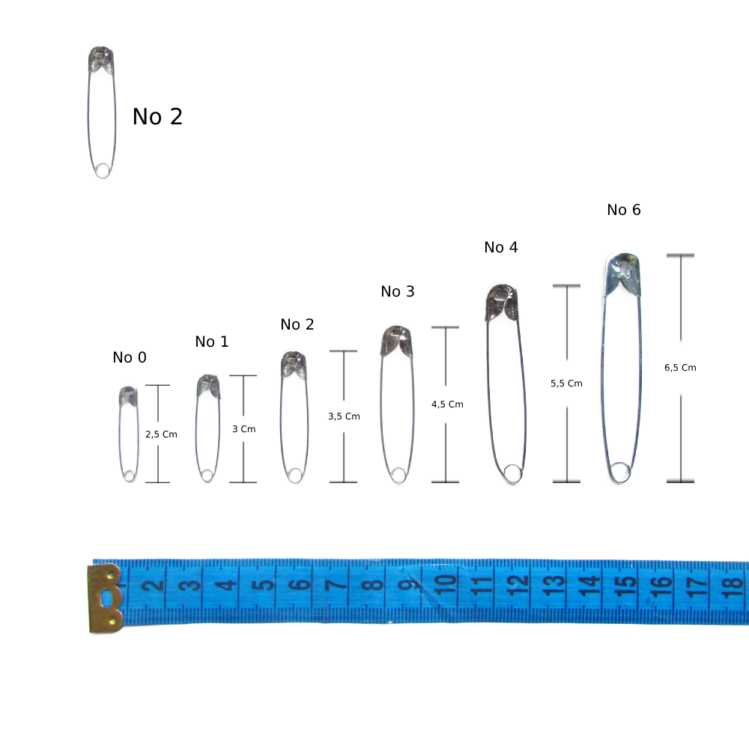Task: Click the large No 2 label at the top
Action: pyautogui.click(x=157, y=117)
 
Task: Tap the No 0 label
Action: pyautogui.click(x=130, y=357)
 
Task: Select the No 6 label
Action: pyautogui.click(x=623, y=210)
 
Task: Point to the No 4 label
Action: pyautogui.click(x=500, y=247)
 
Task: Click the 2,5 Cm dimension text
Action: pyautogui.click(x=161, y=434)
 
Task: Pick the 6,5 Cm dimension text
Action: pyautogui.click(x=680, y=367)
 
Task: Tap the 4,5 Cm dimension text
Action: pyautogui.click(x=447, y=404)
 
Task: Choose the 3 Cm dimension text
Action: pyautogui.click(x=243, y=429)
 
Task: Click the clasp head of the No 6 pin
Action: pyautogui.click(x=622, y=274)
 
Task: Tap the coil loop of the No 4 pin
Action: pyautogui.click(x=512, y=473)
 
